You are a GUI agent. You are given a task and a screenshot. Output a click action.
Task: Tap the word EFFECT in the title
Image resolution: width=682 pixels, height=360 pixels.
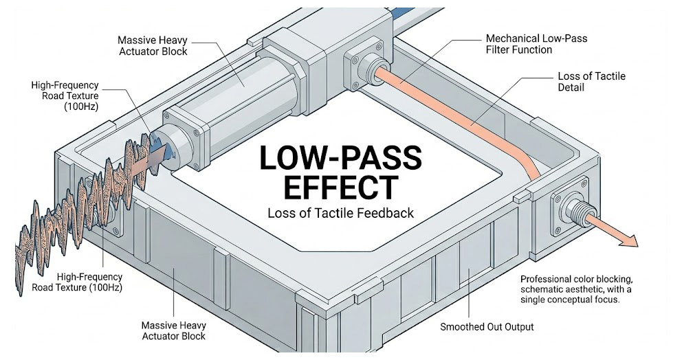click(340, 187)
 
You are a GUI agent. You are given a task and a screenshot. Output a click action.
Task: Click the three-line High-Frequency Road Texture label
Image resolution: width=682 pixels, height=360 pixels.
click(65, 96)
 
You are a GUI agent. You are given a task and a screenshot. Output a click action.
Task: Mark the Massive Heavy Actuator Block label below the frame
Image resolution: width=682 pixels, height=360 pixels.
click(173, 330)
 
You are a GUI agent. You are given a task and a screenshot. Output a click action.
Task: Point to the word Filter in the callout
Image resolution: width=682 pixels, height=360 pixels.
click(500, 49)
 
